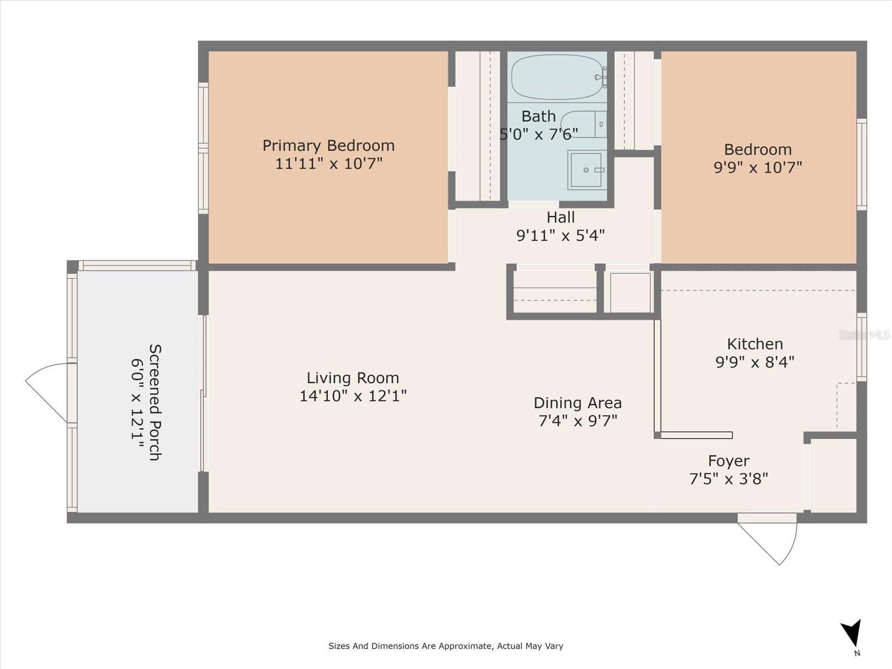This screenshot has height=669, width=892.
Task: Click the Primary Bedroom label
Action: pyautogui.click(x=328, y=146)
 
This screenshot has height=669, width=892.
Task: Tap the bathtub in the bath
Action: pyautogui.click(x=557, y=77)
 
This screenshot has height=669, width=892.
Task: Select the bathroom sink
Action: pyautogui.click(x=586, y=169)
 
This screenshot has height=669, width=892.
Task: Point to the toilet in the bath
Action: pyautogui.click(x=583, y=124)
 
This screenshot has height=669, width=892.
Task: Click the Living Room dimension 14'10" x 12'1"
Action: pyautogui.click(x=353, y=396)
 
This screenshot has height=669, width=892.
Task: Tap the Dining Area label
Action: pyautogui.click(x=578, y=403)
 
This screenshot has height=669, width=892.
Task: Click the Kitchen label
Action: pyautogui.click(x=755, y=343)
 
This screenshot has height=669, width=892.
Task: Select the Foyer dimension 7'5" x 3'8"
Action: pyautogui.click(x=729, y=478)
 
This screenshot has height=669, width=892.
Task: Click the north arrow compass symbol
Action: pyautogui.click(x=852, y=634)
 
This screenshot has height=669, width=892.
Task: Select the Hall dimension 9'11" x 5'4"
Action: pyautogui.click(x=560, y=235)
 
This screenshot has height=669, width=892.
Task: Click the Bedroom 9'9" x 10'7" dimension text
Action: pyautogui.click(x=758, y=167)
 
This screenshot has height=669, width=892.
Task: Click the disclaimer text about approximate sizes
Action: pyautogui.click(x=445, y=646)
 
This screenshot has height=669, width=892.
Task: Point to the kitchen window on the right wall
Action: pyautogui.click(x=861, y=347)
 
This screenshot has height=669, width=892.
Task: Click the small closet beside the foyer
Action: pyautogui.click(x=833, y=475)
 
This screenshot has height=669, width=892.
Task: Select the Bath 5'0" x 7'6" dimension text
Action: pyautogui.click(x=539, y=134)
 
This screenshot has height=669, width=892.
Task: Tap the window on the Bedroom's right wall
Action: pyautogui.click(x=861, y=164)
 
